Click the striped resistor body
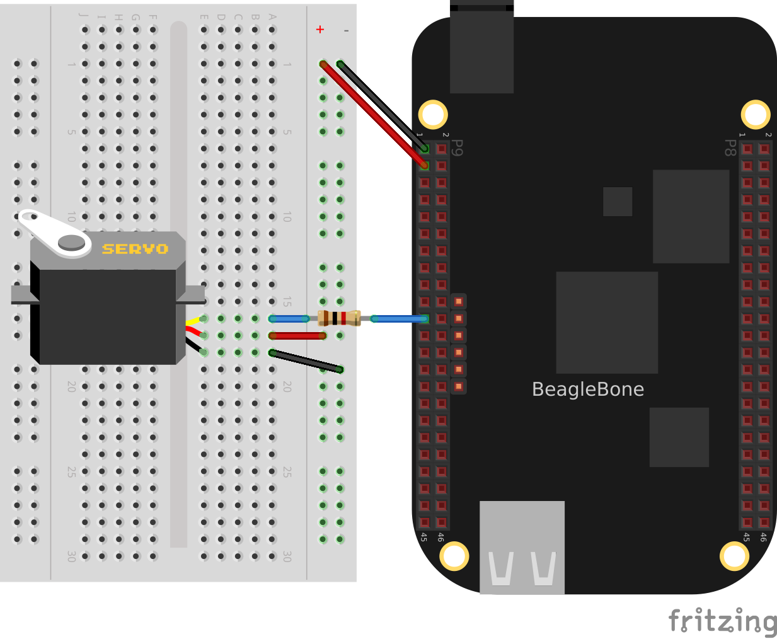(339, 318)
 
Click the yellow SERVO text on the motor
(135, 249)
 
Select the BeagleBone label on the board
(587, 389)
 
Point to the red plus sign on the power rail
(320, 30)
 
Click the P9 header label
(458, 148)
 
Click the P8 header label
(730, 148)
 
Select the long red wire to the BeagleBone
(372, 113)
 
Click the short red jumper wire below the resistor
(297, 336)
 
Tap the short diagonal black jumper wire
(306, 361)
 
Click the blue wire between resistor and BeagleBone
(398, 319)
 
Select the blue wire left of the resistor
(289, 319)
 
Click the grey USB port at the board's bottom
(522, 547)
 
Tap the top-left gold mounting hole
(433, 115)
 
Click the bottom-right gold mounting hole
(734, 556)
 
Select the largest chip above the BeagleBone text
(607, 322)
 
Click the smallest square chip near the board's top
(618, 202)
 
